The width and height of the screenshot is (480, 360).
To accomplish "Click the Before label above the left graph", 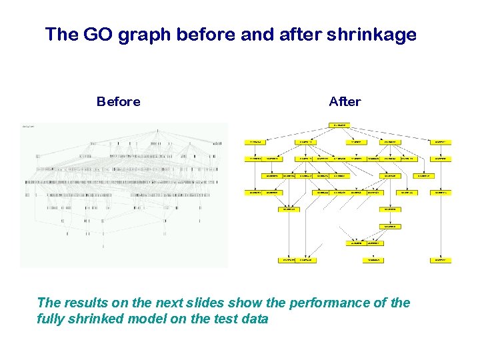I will pyautogui.click(x=118, y=102).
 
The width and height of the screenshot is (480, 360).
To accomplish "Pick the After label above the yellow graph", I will pyautogui.click(x=345, y=102).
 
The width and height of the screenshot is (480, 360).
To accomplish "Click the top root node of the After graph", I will pyautogui.click(x=339, y=125).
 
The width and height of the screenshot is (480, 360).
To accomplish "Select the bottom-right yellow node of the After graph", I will pyautogui.click(x=441, y=259).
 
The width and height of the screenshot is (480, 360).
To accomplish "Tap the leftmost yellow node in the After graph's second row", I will pyautogui.click(x=255, y=141).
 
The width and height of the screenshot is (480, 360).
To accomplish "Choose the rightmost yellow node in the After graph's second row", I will pyautogui.click(x=441, y=141).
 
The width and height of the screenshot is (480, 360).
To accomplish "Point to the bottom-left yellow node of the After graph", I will pyautogui.click(x=288, y=259).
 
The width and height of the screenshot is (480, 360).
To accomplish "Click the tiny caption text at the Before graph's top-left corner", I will pyautogui.click(x=29, y=126).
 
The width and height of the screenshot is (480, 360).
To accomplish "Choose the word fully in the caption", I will pyautogui.click(x=51, y=319).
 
